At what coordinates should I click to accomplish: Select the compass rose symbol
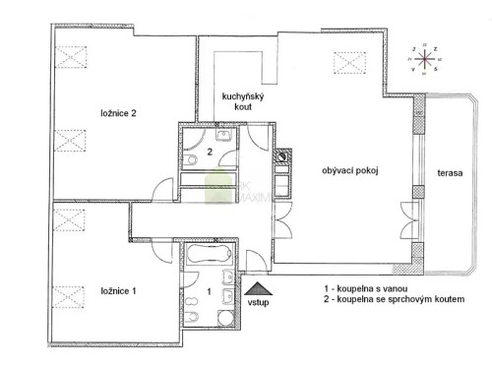coord(428,57)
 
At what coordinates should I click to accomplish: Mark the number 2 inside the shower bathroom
coord(209,153)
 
